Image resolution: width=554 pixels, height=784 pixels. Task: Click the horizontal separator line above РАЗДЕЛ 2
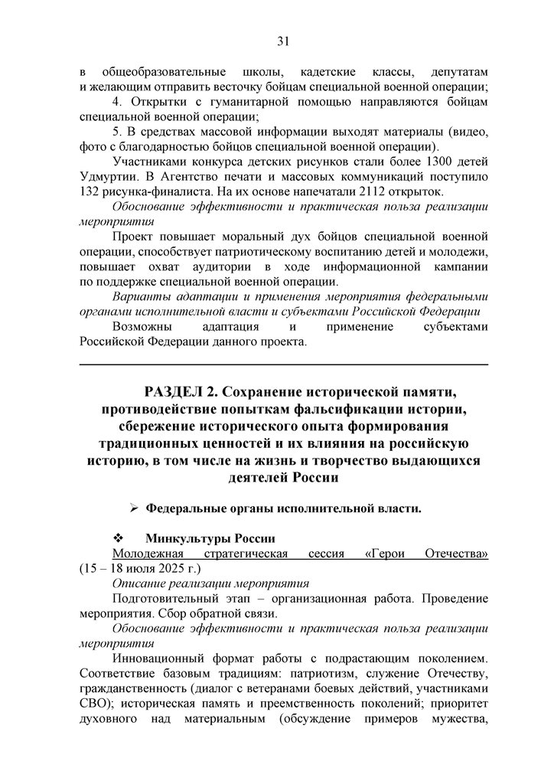point(282,364)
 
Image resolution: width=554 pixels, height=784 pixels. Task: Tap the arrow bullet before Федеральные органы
point(132,508)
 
